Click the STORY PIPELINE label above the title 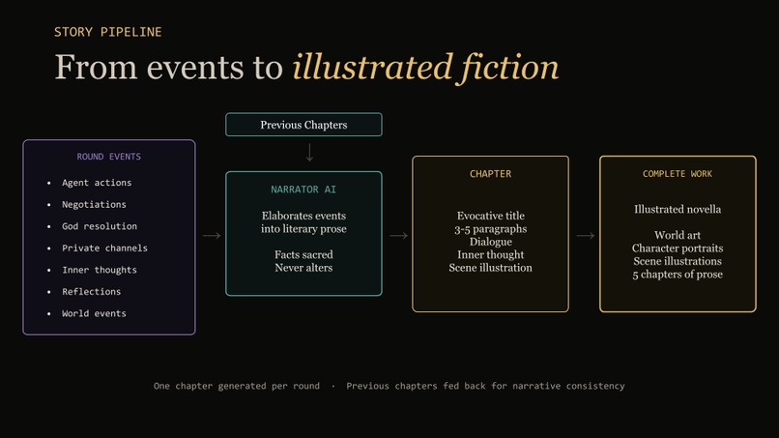point(107,32)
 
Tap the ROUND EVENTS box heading point(109,157)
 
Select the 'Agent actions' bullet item point(97,183)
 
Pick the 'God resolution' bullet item point(100,226)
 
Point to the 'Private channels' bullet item point(104,248)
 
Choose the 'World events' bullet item point(94,313)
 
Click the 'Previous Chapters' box point(303,125)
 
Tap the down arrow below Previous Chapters point(309,153)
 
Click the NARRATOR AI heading point(303,190)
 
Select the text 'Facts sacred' point(303,254)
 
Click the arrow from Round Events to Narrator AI point(212,235)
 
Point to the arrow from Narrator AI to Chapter point(398,235)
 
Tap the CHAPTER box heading point(490,174)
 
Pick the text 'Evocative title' point(490,216)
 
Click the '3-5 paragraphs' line point(490,229)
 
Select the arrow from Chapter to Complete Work point(585,235)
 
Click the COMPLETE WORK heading point(678,174)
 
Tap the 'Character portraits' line point(678,248)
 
